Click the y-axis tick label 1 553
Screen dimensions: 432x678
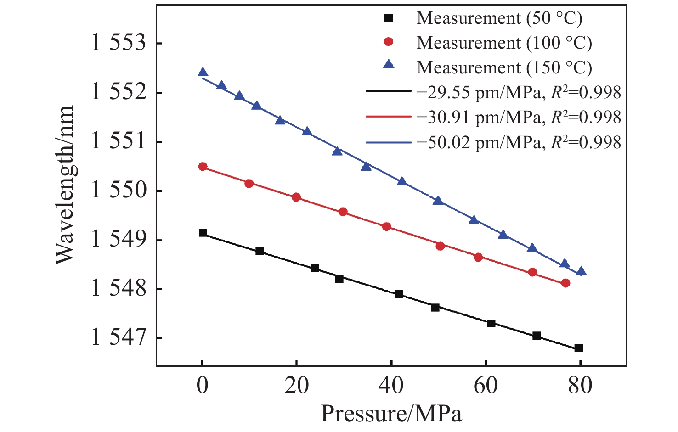tap(119, 44)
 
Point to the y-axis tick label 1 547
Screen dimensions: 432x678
tap(119, 338)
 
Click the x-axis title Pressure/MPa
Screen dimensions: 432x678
tap(391, 413)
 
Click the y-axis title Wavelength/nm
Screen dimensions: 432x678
tap(65, 185)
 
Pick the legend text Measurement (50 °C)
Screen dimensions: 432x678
tap(499, 18)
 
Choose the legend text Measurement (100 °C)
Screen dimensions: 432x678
tap(504, 43)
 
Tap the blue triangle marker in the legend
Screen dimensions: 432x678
tap(389, 64)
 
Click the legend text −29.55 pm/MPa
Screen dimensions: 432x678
tap(478, 93)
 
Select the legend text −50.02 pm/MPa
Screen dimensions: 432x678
tap(478, 142)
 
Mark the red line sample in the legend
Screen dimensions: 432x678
tap(388, 118)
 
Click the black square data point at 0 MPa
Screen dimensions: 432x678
tap(203, 233)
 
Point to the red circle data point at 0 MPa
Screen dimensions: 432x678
tap(203, 167)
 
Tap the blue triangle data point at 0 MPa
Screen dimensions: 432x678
tap(203, 73)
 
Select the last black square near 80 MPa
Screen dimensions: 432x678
tap(578, 348)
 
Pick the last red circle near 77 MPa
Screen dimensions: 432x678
tap(565, 283)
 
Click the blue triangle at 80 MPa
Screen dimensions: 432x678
tap(581, 271)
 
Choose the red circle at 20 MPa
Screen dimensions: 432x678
tap(296, 197)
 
